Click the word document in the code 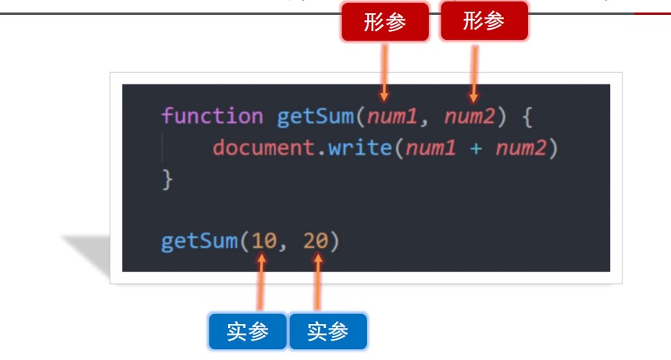[262, 148]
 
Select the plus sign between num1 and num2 [476, 148]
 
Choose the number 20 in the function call [315, 241]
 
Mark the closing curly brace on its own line [166, 179]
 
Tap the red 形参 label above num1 [385, 22]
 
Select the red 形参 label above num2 [484, 21]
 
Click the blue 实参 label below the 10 [248, 332]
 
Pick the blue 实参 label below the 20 [327, 332]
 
